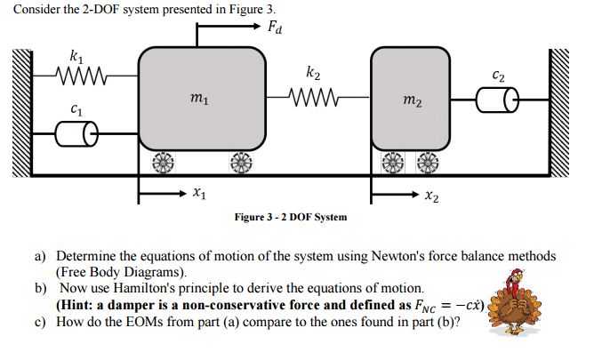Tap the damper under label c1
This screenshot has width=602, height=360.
(x=77, y=134)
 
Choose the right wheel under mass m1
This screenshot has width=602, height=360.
(x=240, y=163)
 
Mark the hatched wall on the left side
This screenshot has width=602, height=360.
(x=21, y=116)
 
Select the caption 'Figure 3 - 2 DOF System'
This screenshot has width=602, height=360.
(x=290, y=217)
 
